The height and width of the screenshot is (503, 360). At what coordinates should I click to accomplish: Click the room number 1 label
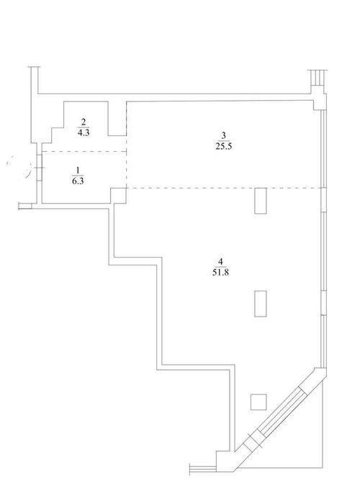click(x=77, y=171)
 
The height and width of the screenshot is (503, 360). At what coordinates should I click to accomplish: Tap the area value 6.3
click(x=78, y=181)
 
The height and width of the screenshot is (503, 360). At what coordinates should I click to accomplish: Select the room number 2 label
click(x=84, y=122)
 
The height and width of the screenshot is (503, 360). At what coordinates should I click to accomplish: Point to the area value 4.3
click(x=84, y=132)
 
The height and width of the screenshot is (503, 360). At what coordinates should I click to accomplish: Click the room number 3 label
click(x=224, y=135)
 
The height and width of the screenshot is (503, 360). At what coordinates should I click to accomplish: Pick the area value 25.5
click(x=224, y=147)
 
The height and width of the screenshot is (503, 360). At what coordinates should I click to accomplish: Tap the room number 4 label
click(x=220, y=261)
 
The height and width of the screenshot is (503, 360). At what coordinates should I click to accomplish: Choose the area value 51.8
click(x=220, y=273)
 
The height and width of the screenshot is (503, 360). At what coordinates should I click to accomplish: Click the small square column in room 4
click(x=258, y=402)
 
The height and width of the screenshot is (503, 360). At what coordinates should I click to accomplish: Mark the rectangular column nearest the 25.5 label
click(x=261, y=201)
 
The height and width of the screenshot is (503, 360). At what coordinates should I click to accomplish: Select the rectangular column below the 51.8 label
click(x=261, y=304)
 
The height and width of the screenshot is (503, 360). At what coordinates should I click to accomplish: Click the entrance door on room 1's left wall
click(x=39, y=168)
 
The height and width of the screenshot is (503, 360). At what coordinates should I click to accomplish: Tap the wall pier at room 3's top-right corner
click(x=320, y=100)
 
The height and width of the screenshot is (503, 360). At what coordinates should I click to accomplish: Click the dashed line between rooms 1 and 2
click(x=85, y=151)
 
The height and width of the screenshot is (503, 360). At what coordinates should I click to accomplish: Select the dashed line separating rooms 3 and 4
click(x=225, y=188)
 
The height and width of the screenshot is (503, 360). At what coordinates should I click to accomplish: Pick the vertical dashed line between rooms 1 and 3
click(x=127, y=145)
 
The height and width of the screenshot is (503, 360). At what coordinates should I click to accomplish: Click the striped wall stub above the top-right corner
click(x=318, y=78)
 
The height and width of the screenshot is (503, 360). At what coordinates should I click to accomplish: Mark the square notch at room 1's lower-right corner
click(x=119, y=196)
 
